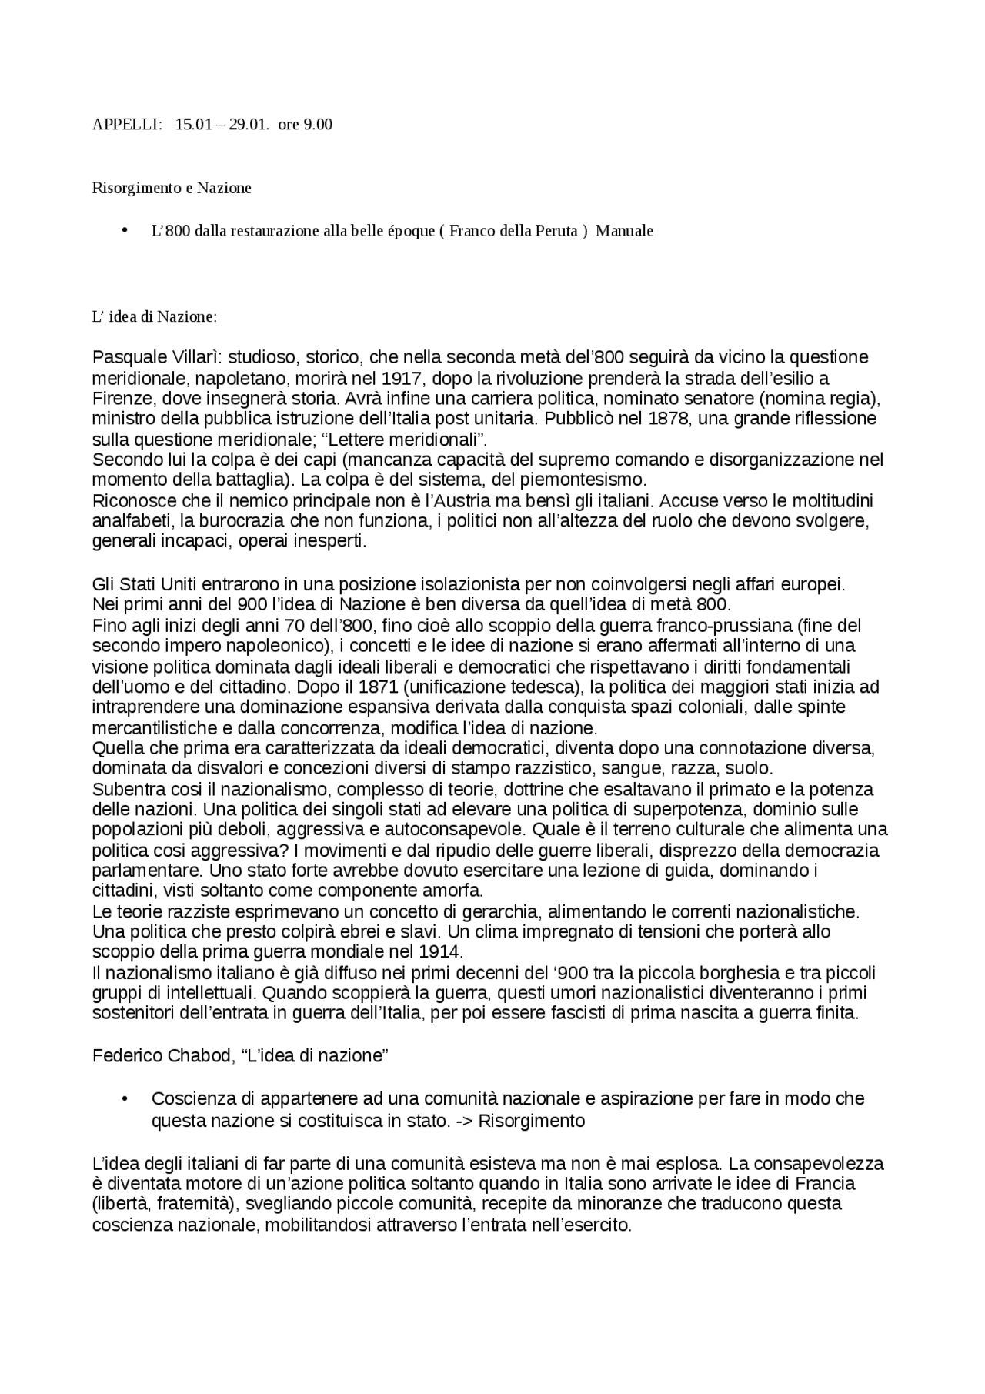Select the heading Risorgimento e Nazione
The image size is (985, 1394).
[x=172, y=188]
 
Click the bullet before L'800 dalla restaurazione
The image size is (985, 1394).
[x=125, y=230]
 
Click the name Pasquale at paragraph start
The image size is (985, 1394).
[x=129, y=357]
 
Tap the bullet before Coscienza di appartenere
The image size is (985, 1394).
[x=125, y=1098]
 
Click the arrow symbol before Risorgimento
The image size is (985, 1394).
[x=463, y=1121]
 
